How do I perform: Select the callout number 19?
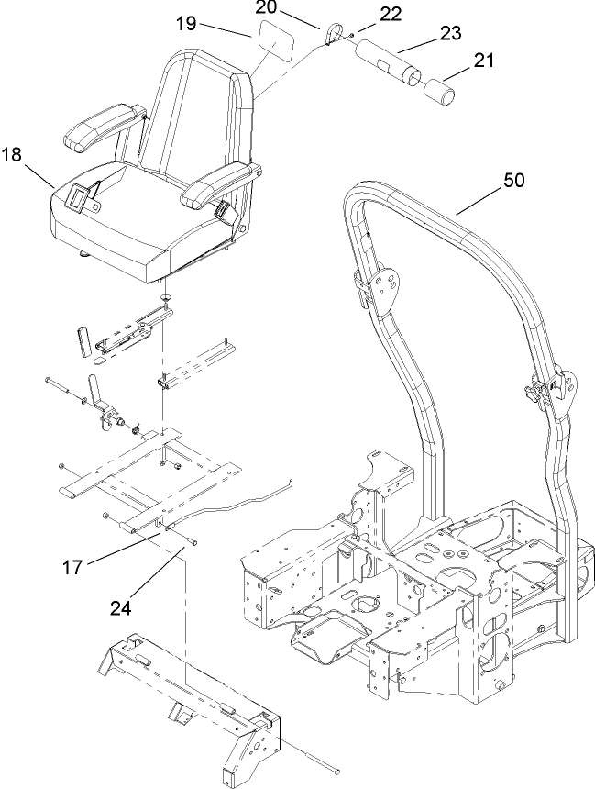click(186, 24)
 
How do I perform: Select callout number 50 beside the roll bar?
click(513, 181)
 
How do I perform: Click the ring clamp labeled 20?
click(332, 35)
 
